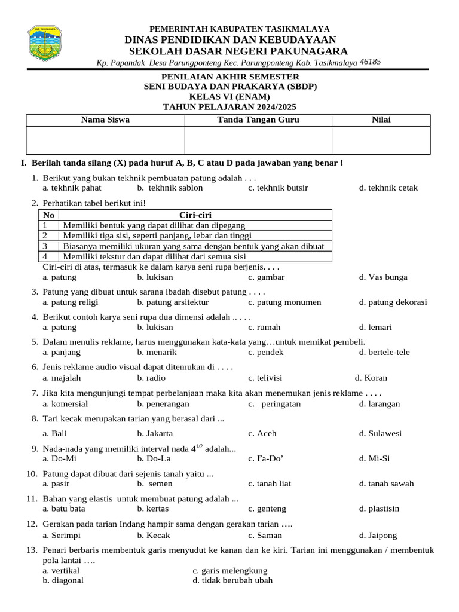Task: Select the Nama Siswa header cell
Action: [x=105, y=120]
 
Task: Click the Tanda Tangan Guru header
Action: [x=258, y=120]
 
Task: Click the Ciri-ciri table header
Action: [x=195, y=215]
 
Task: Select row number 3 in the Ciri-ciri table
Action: [x=45, y=246]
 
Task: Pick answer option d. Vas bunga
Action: [x=383, y=277]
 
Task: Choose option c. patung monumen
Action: [x=284, y=302]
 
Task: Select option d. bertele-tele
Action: [x=384, y=353]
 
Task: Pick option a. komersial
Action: [x=65, y=404]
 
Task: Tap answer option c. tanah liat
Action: [x=270, y=484]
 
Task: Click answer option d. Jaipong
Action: [x=378, y=535]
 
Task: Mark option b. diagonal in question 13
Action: [x=63, y=580]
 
